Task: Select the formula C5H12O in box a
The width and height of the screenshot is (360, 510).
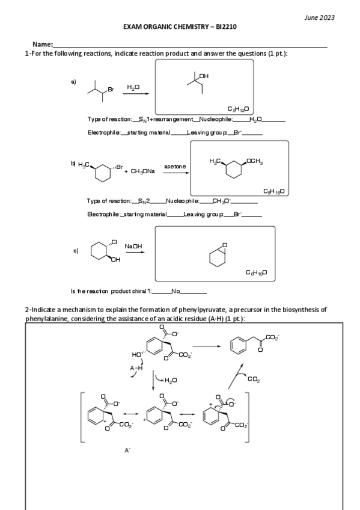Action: [x=238, y=108]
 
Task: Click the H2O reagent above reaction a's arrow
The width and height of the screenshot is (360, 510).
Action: [x=133, y=87]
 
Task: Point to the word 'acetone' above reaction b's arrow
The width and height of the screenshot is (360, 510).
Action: [x=175, y=166]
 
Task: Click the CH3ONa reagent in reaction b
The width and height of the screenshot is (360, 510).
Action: [x=139, y=171]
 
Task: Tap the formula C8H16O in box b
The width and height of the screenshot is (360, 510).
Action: [x=273, y=191]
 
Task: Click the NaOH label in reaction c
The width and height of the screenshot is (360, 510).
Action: [x=133, y=247]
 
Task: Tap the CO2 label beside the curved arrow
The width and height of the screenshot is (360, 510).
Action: [x=253, y=379]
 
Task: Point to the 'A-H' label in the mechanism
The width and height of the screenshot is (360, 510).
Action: [x=136, y=369]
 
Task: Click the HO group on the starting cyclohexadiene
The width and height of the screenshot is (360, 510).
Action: [x=136, y=355]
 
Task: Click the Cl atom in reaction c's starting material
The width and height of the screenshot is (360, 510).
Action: [x=114, y=242]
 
